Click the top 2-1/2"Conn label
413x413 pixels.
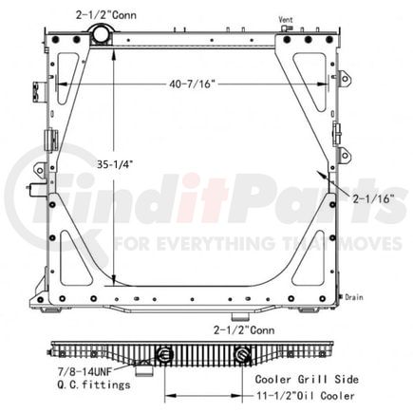click(99, 11)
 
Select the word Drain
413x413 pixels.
click(355, 297)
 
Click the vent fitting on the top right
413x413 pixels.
click(285, 32)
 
